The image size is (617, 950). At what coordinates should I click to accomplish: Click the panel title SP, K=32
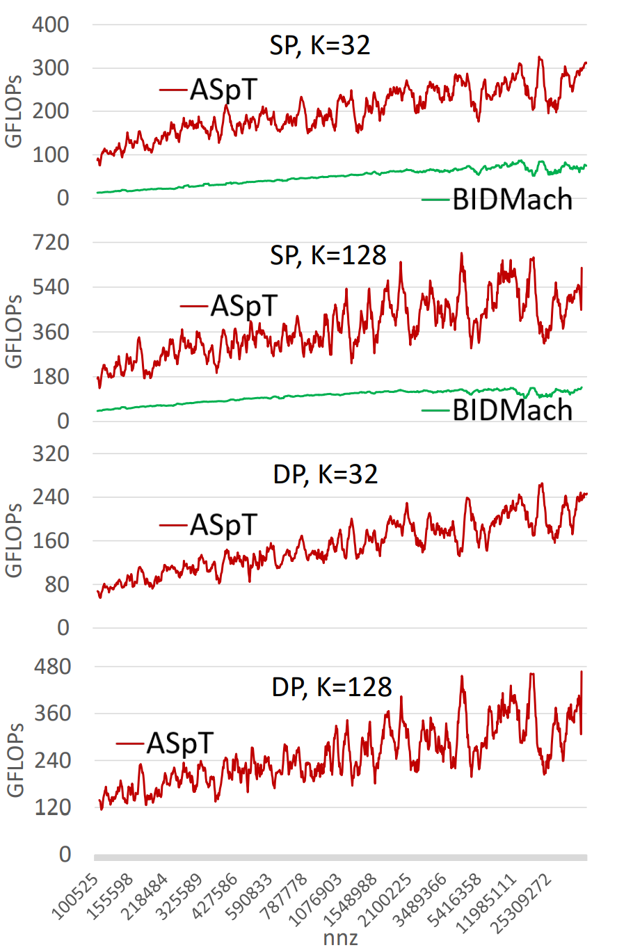click(x=320, y=45)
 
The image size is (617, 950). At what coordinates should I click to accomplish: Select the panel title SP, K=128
click(x=328, y=255)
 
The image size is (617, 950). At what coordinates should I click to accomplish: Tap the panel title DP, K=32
click(x=326, y=474)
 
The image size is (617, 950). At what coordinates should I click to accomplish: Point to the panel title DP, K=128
click(x=332, y=687)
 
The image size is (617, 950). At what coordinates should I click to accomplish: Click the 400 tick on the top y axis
click(x=51, y=24)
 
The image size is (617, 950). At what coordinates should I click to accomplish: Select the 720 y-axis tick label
click(x=51, y=243)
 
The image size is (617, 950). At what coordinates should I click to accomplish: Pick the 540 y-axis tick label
click(x=51, y=287)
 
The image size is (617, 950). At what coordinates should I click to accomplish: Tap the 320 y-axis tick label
click(x=51, y=454)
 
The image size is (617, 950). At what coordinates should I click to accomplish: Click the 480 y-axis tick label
click(x=52, y=667)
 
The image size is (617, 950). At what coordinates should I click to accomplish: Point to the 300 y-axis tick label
click(x=51, y=68)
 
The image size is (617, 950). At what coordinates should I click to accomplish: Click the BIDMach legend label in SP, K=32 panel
click(x=513, y=199)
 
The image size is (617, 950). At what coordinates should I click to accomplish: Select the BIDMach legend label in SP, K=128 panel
click(x=513, y=410)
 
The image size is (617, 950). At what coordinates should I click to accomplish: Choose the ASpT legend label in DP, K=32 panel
click(x=224, y=525)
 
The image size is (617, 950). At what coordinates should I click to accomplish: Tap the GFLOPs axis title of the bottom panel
click(x=15, y=760)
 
